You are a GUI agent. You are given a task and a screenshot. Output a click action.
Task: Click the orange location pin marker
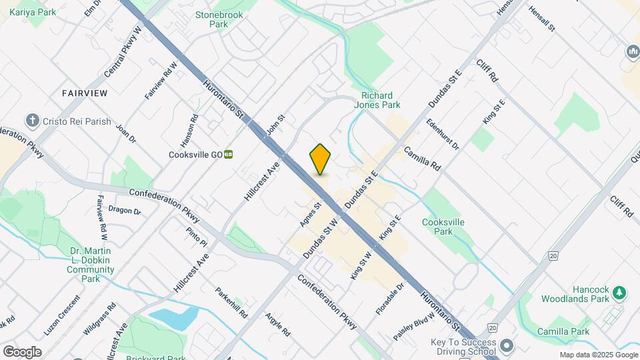[x=320, y=159]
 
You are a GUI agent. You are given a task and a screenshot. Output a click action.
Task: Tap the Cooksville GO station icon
[x=229, y=154]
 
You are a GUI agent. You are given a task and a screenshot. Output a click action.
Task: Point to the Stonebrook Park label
[x=219, y=19]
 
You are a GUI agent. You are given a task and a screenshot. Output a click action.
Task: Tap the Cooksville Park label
[x=443, y=227]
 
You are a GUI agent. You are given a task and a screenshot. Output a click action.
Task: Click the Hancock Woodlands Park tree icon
[x=619, y=292]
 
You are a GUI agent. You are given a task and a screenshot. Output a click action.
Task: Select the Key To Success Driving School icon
[x=507, y=345]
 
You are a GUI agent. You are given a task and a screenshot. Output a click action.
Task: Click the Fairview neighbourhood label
[x=84, y=93]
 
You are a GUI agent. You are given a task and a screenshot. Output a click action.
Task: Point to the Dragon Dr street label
[x=125, y=211]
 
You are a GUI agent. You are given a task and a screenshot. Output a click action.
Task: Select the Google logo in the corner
[x=21, y=351]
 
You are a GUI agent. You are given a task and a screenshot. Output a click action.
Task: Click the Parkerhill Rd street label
[x=231, y=301]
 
